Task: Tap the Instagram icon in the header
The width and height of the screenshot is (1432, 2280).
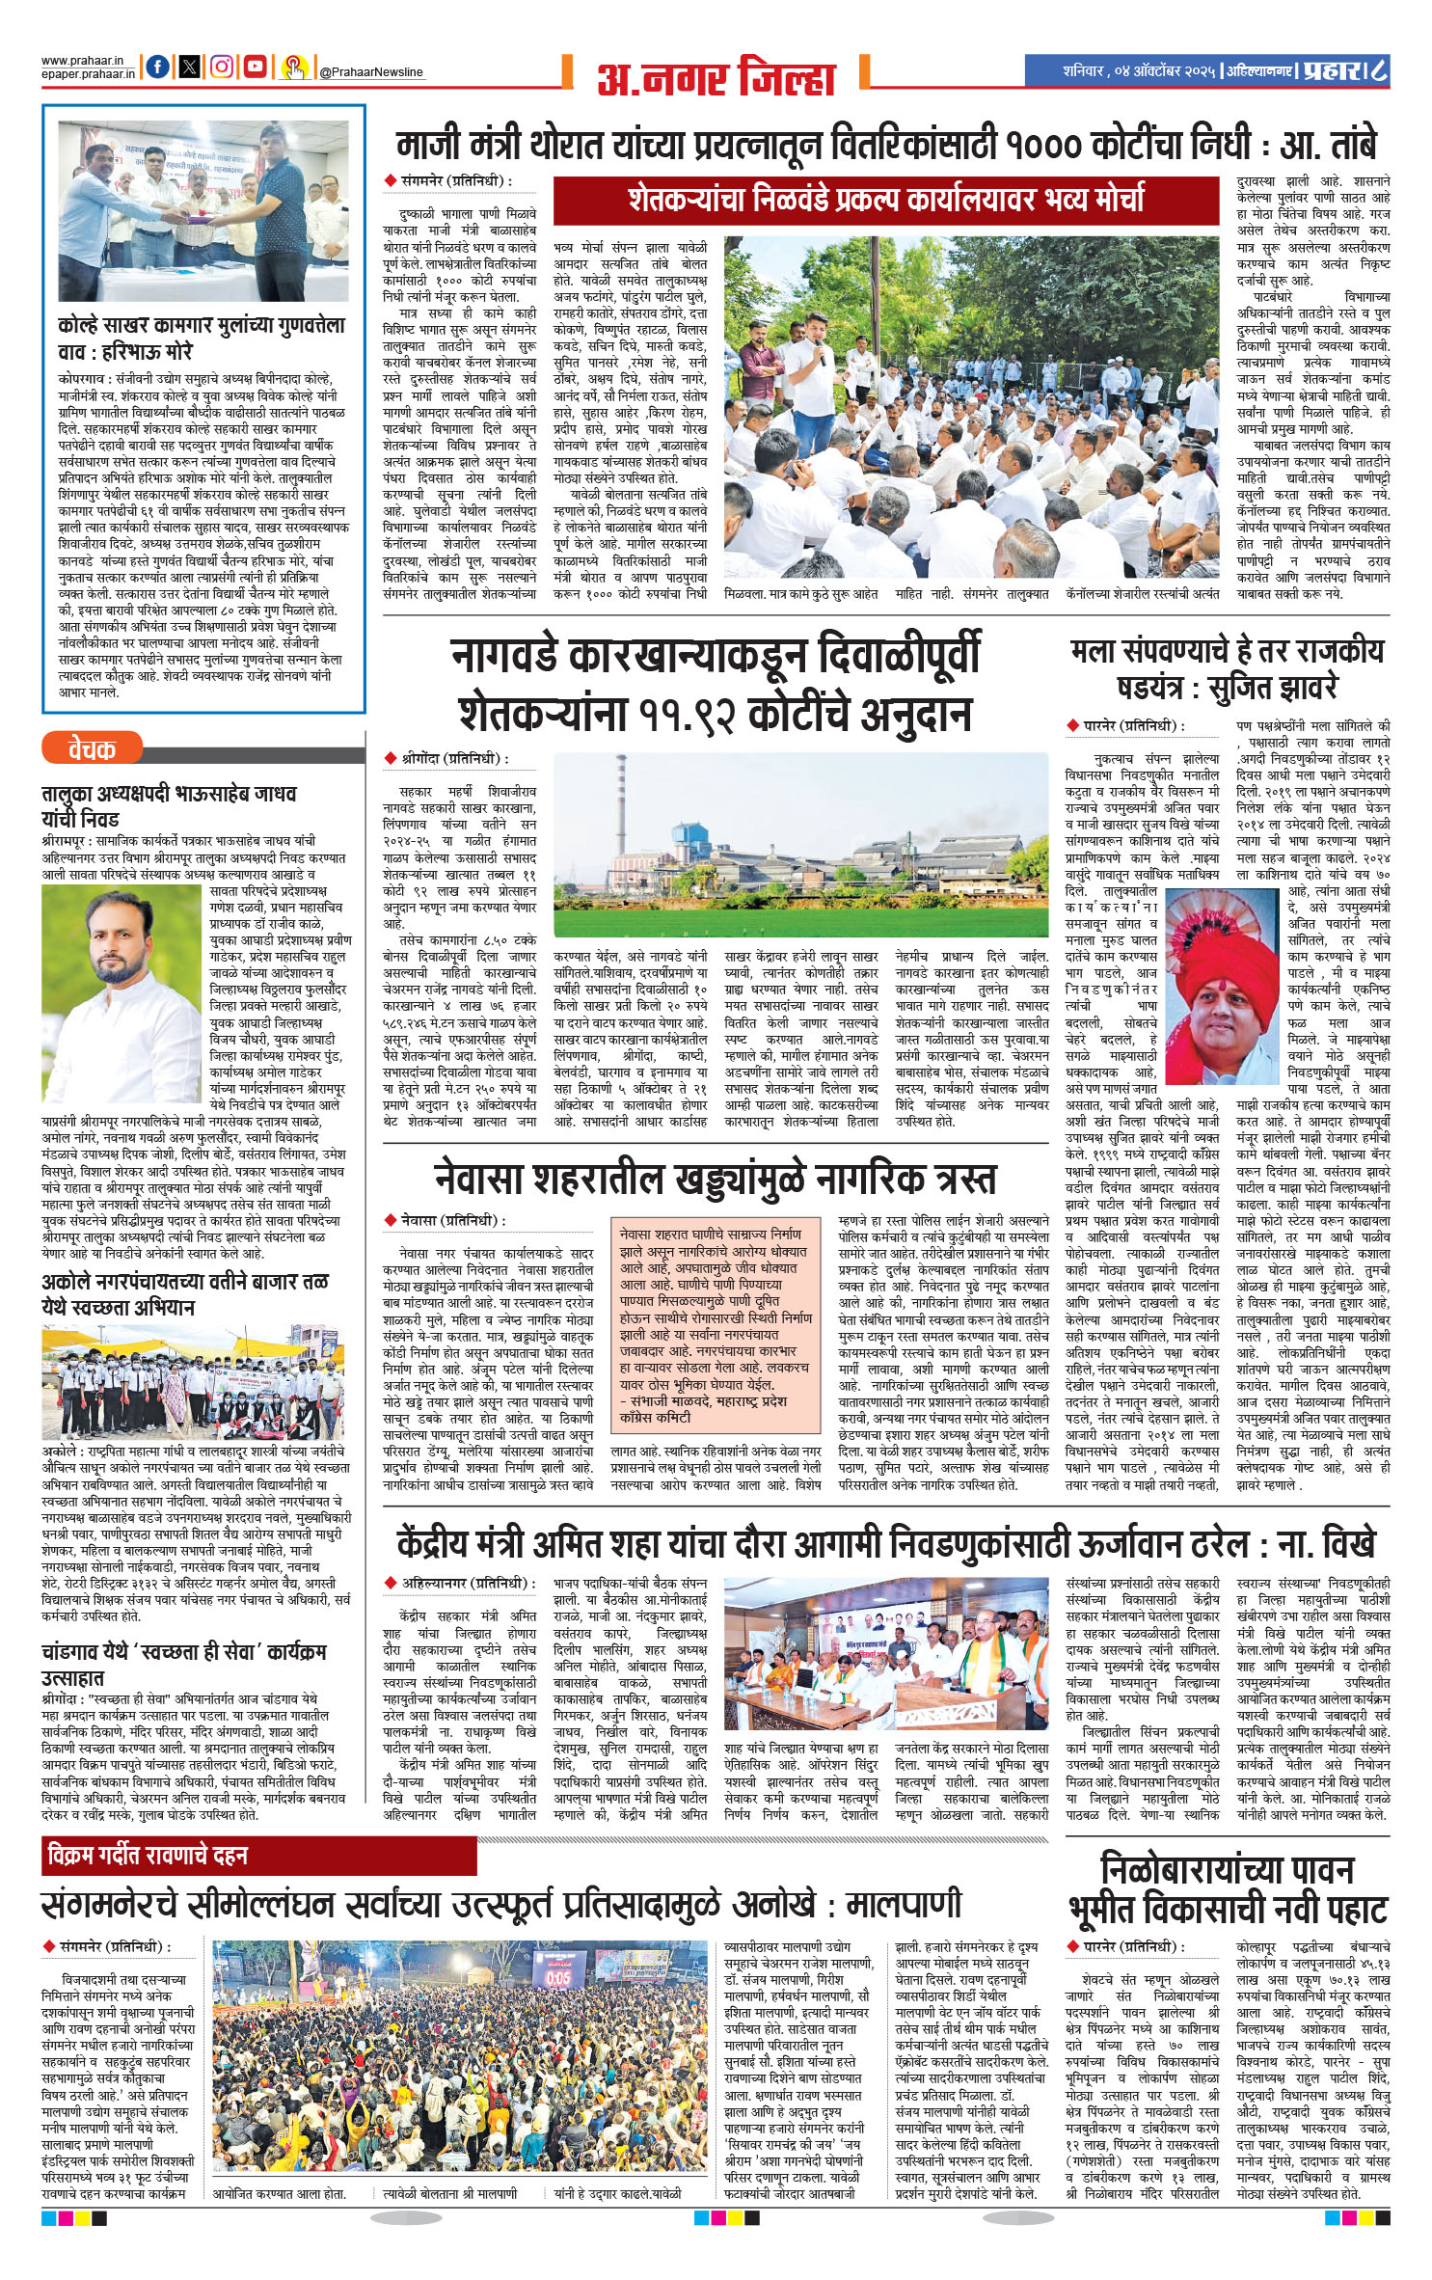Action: (x=222, y=68)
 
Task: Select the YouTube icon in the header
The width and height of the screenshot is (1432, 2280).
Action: (x=255, y=68)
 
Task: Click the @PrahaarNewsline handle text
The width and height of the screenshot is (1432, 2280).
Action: (x=370, y=72)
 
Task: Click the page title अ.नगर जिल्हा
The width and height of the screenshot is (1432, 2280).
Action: (x=716, y=78)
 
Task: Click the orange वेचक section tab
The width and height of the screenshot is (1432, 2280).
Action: (x=93, y=748)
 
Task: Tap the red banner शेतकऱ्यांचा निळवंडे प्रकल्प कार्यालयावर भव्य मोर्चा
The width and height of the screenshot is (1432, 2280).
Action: (x=885, y=200)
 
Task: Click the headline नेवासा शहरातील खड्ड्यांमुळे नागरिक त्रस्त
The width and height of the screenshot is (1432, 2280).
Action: (x=715, y=1179)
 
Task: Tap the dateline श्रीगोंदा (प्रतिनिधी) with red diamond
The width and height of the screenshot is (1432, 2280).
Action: (x=446, y=759)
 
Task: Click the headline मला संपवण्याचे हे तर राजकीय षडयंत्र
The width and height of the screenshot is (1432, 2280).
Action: (x=1227, y=668)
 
